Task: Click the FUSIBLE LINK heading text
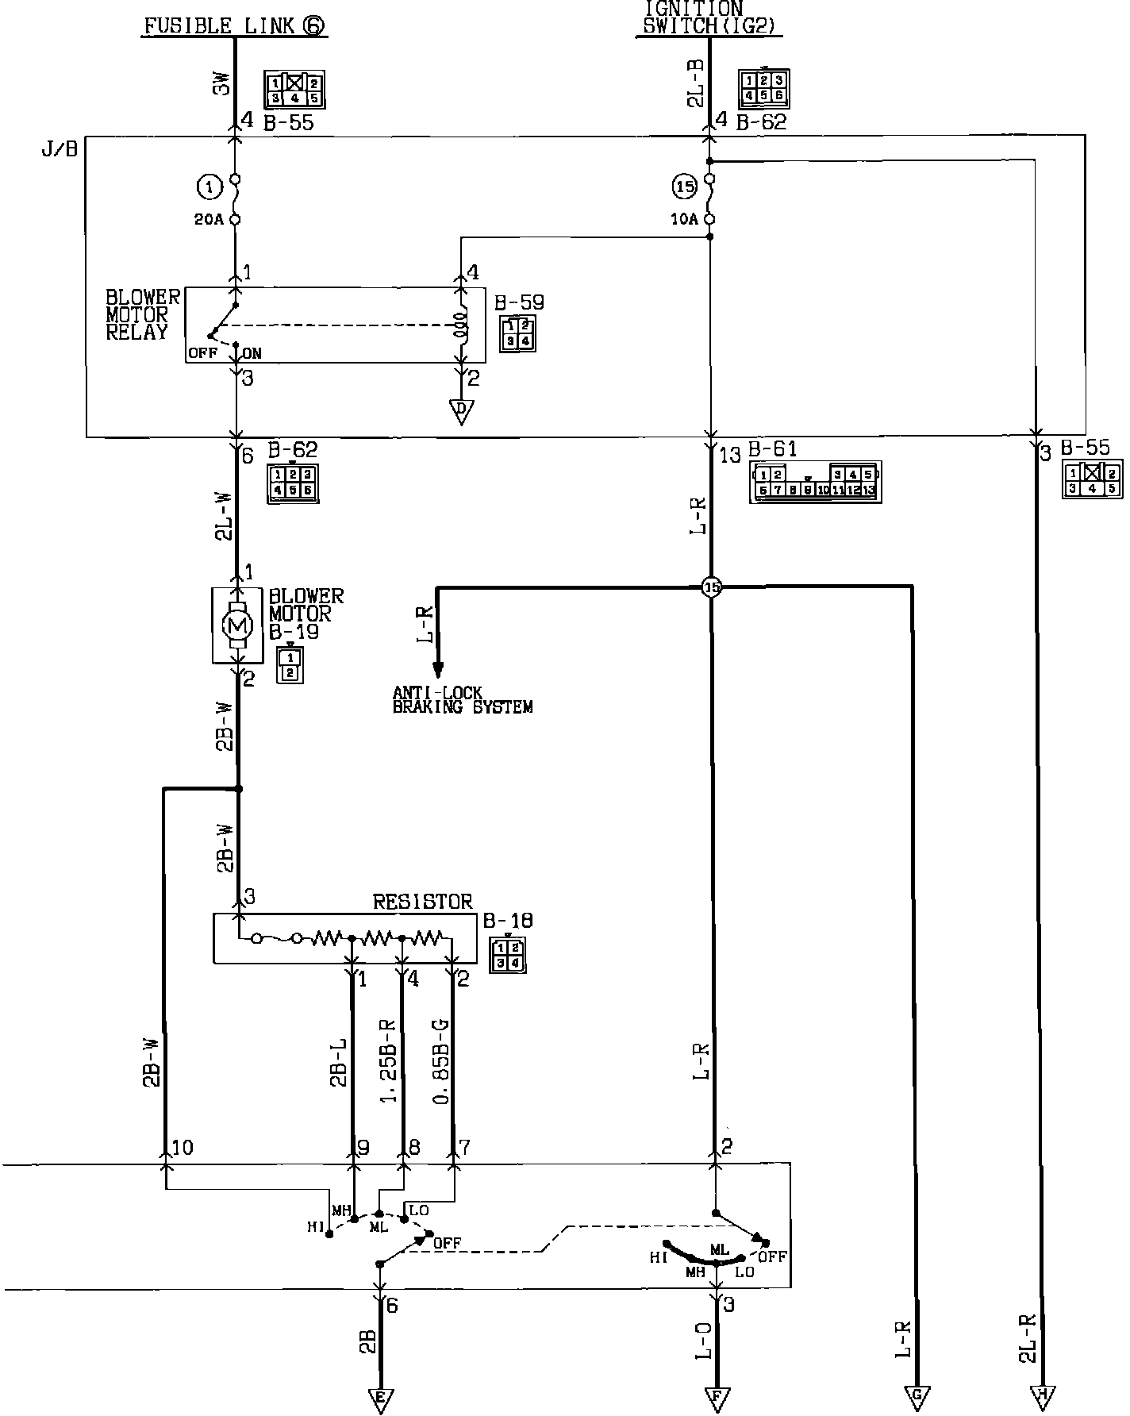[234, 25]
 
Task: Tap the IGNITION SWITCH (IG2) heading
[709, 17]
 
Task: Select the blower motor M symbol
[237, 624]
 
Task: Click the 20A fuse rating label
[209, 220]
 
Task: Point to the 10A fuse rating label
[683, 220]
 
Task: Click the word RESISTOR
[422, 902]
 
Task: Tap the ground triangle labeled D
[460, 410]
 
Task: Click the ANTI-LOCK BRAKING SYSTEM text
[463, 699]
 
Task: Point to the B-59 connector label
[519, 302]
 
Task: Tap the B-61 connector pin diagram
[815, 482]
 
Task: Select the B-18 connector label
[508, 921]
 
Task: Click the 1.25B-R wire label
[390, 1062]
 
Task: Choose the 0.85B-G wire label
[442, 1062]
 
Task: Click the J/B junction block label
[60, 149]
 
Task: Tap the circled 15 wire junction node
[712, 587]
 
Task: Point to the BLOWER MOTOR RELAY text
[143, 314]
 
